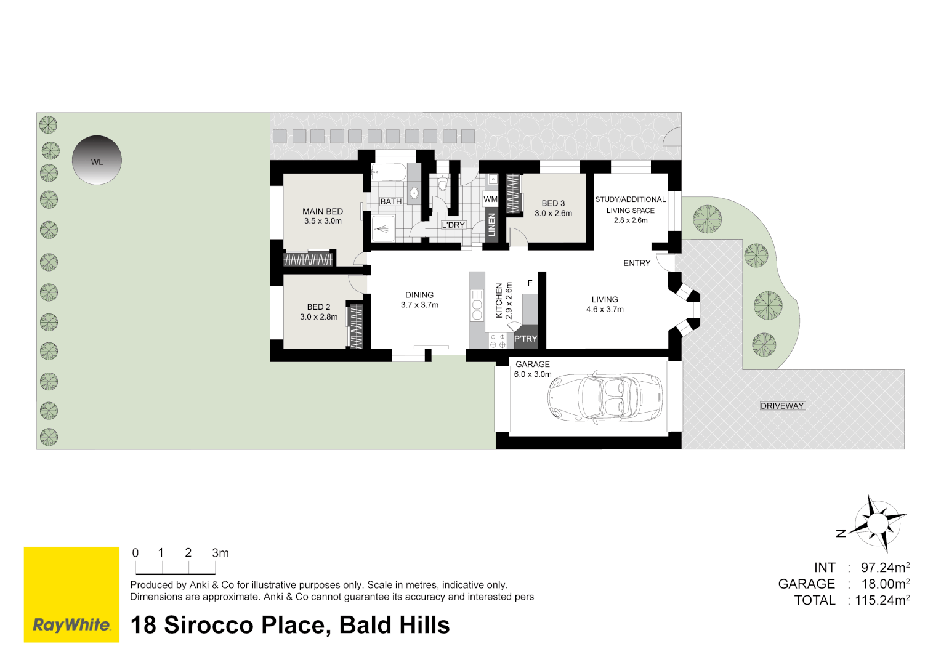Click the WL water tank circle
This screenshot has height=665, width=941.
point(97,160)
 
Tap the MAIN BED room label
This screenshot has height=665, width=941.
point(323,211)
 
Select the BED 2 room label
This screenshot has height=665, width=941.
point(318,307)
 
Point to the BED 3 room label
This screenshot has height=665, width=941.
point(553,203)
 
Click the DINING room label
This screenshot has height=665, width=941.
point(419,295)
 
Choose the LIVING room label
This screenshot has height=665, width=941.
point(605,299)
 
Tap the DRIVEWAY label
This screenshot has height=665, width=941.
point(782,406)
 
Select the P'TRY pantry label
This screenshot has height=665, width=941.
point(525,339)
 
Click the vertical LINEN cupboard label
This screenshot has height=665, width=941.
point(491,225)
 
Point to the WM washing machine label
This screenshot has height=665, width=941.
point(490,199)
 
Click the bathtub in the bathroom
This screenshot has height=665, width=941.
point(389,173)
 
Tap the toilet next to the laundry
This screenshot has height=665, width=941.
point(442,183)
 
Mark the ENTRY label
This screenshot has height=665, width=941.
point(637,263)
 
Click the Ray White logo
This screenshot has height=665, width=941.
point(71,625)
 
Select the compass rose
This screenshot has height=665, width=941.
point(879,523)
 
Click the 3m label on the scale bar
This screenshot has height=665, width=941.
point(220,553)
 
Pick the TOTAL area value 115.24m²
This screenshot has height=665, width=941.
point(882,600)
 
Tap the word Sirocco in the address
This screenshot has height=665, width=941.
point(209,625)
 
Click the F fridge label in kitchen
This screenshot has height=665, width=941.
point(530,283)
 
